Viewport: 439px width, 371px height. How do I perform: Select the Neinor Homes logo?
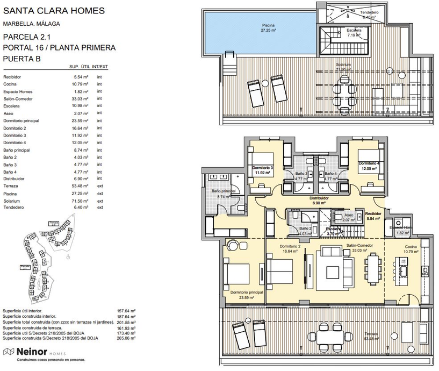[34, 352]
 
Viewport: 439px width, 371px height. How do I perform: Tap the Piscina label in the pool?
[268, 26]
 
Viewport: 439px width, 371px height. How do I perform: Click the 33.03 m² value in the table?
[80, 99]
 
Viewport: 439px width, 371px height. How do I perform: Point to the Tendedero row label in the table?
[15, 208]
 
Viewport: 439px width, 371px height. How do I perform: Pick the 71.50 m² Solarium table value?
[80, 201]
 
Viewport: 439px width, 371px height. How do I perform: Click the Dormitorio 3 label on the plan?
[264, 168]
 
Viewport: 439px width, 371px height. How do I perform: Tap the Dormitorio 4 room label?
[369, 163]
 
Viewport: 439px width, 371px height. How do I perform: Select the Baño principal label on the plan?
[224, 191]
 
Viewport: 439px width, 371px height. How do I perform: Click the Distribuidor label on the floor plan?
[319, 198]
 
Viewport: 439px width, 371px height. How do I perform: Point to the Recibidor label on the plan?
[373, 213]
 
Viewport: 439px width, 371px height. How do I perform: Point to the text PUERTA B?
[21, 59]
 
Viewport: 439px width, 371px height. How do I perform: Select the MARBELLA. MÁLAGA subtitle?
[31, 24]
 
